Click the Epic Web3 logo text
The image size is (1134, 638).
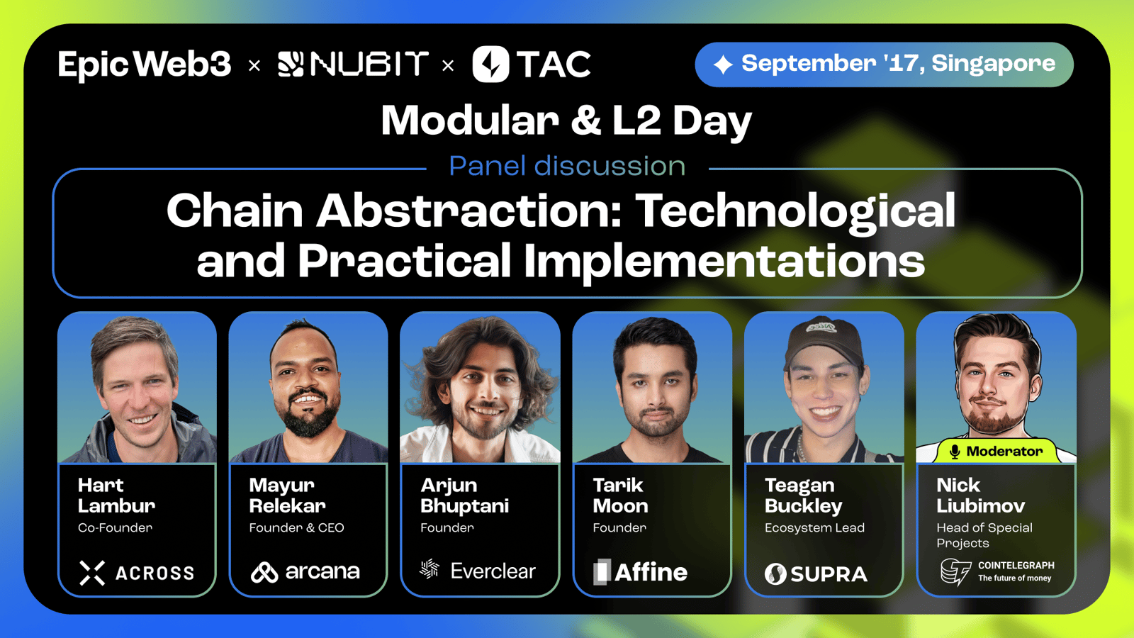coord(145,65)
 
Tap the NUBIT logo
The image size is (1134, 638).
coord(354,65)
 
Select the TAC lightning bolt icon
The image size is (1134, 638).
coord(490,65)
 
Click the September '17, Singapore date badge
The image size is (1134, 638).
coord(884,65)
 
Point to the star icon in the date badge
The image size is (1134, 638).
coord(723,65)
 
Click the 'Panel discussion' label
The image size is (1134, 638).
coord(567,166)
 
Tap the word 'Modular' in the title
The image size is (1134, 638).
coord(470,121)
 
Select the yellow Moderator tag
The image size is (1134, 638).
coord(997,451)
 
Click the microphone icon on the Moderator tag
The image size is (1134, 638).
coord(955,451)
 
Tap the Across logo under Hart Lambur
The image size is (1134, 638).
coord(137,573)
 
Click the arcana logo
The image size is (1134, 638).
coord(305,572)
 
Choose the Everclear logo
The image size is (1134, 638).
coord(478,571)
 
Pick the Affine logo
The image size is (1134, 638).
coord(641,572)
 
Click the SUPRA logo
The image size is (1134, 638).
coord(816,574)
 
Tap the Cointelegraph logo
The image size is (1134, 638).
coord(997,571)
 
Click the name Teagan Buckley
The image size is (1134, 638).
coord(804,496)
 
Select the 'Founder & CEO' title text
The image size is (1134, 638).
coord(297,527)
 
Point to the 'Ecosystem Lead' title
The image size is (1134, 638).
coord(814,528)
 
